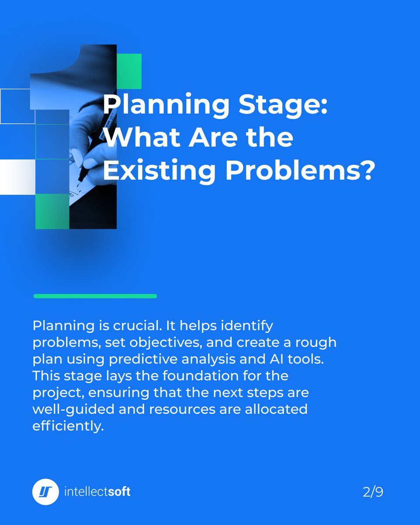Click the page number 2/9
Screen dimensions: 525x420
[x=373, y=492]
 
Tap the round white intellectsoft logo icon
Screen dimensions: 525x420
[x=45, y=492]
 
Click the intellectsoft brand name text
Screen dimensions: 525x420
[x=97, y=492]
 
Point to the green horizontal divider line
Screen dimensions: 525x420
[x=95, y=296]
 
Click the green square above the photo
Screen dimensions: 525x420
[x=129, y=71]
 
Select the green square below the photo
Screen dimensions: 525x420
[x=52, y=211]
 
